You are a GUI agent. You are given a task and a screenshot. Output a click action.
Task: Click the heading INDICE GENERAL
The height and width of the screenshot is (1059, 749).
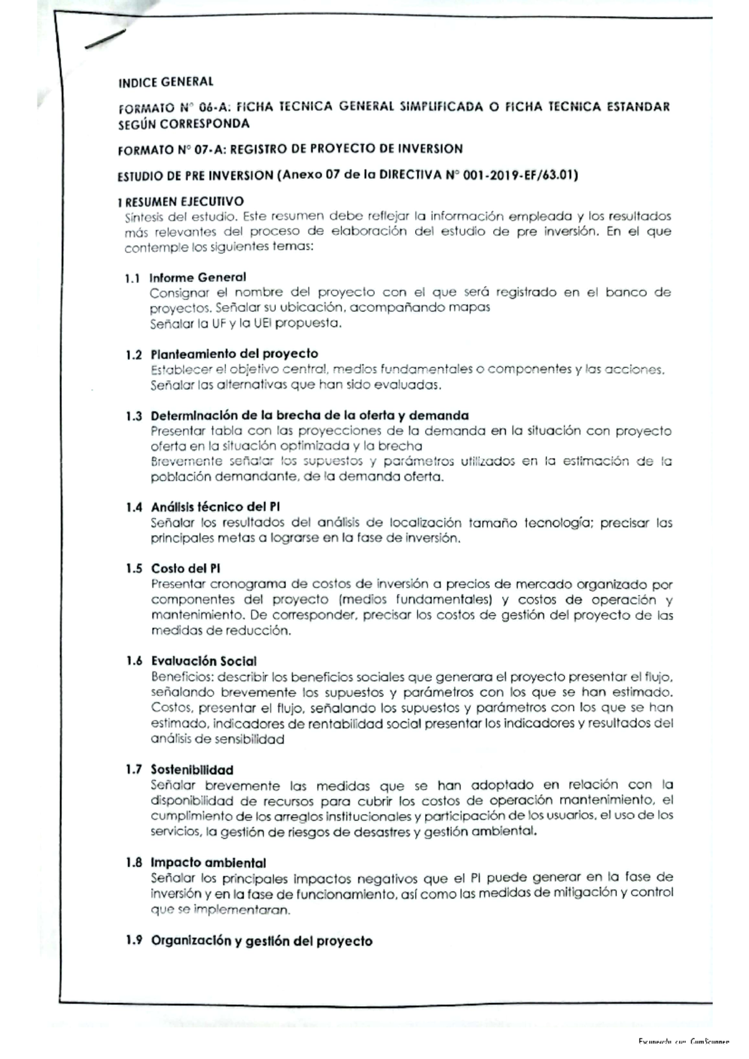pyautogui.click(x=165, y=82)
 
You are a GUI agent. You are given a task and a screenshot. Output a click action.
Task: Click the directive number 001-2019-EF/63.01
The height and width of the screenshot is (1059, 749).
pyautogui.click(x=522, y=176)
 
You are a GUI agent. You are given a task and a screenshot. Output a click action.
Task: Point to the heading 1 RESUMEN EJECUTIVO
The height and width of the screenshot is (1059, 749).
pyautogui.click(x=180, y=201)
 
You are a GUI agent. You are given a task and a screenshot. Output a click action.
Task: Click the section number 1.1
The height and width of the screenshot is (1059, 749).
pyautogui.click(x=132, y=279)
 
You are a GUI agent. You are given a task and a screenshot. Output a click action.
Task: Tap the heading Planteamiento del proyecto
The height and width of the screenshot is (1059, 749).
pyautogui.click(x=234, y=354)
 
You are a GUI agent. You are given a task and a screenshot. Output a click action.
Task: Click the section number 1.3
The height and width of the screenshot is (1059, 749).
pyautogui.click(x=133, y=416)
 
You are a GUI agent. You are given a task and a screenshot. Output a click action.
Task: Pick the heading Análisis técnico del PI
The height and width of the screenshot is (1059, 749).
pyautogui.click(x=215, y=507)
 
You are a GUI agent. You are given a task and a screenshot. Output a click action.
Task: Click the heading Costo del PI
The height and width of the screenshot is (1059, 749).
pyautogui.click(x=185, y=568)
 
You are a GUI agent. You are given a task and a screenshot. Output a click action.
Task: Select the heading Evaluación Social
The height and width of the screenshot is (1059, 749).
pyautogui.click(x=203, y=661)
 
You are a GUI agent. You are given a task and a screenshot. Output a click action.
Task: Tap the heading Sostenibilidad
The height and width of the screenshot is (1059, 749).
pyautogui.click(x=192, y=770)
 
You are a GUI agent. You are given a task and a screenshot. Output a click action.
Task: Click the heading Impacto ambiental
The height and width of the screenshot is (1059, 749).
pyautogui.click(x=208, y=863)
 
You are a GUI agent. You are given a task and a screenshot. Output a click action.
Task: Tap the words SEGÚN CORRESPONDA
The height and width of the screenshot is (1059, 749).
pyautogui.click(x=184, y=123)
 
